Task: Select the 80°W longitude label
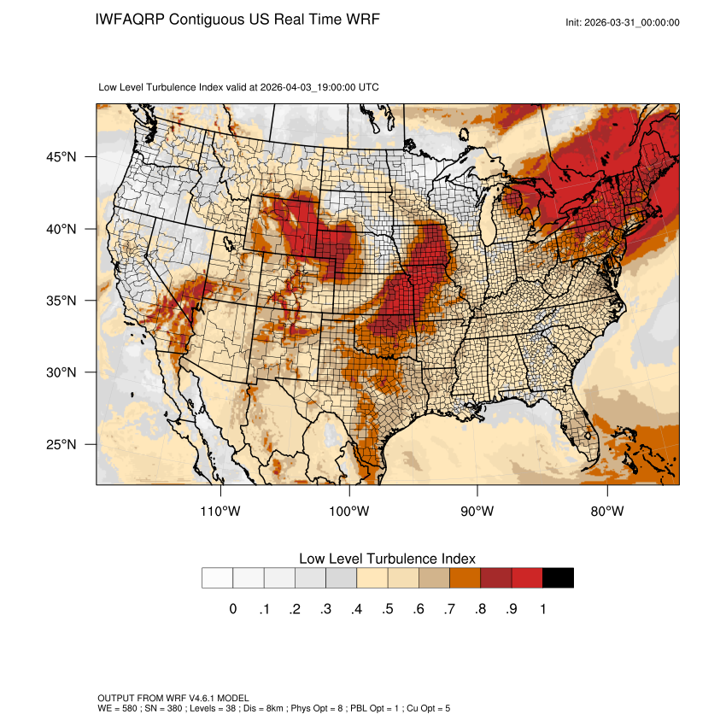coord(606,512)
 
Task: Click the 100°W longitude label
coord(349,512)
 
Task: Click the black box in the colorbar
coord(558,578)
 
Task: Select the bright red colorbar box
coord(527,578)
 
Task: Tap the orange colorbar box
coord(465,578)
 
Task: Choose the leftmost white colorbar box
coord(218,578)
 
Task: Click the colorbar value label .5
coord(388,609)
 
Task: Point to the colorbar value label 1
coord(542,609)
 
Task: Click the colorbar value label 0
coord(233,609)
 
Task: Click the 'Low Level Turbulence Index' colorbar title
coord(387,558)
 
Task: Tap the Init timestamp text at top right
coord(623,22)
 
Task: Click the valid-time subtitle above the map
coord(239,87)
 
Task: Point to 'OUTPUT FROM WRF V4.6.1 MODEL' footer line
coord(173,698)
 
